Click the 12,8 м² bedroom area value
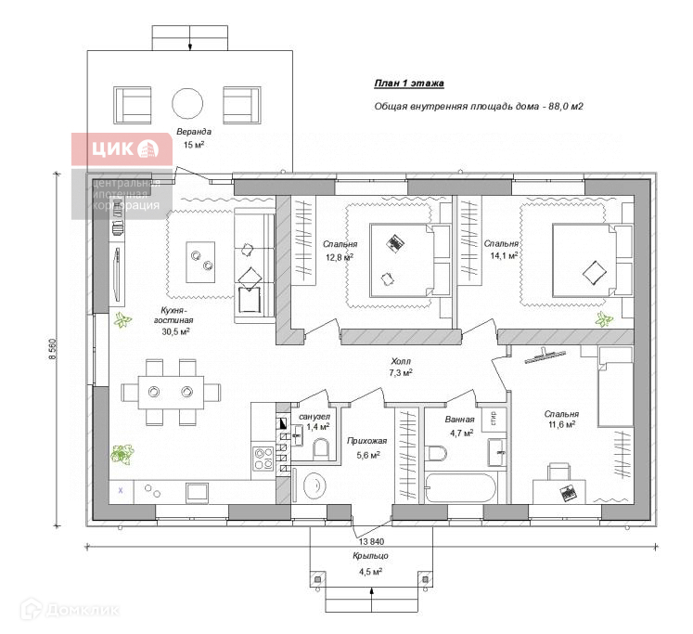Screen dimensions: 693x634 point(339,257)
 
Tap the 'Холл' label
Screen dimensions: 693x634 point(400,360)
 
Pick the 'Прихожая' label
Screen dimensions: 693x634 point(362,442)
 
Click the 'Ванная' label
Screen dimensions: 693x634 point(459,419)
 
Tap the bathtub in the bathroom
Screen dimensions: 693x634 point(461,485)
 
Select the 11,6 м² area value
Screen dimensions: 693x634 point(561,425)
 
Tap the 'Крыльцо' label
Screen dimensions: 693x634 point(370,554)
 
